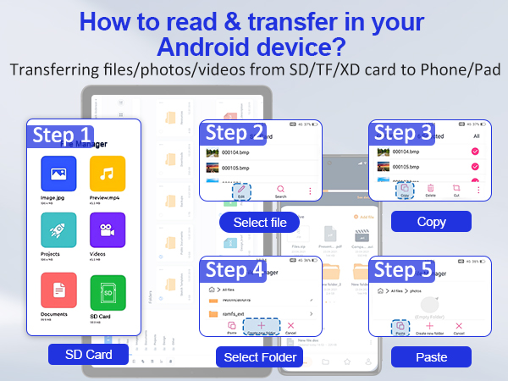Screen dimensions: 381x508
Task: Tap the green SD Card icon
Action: tap(107, 292)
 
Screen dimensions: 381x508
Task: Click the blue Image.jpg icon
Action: tap(58, 174)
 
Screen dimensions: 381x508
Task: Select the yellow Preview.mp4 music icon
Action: tap(107, 174)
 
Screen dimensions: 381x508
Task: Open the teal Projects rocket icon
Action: tap(58, 229)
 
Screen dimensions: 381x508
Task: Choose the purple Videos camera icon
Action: tap(107, 229)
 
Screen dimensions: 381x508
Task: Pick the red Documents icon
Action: tap(58, 292)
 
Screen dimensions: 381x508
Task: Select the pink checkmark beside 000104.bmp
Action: tap(475, 152)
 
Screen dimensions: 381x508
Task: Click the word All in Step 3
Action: tap(476, 135)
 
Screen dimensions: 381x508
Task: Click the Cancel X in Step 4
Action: tap(291, 325)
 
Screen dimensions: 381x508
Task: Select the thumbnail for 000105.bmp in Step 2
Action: tap(212, 168)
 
